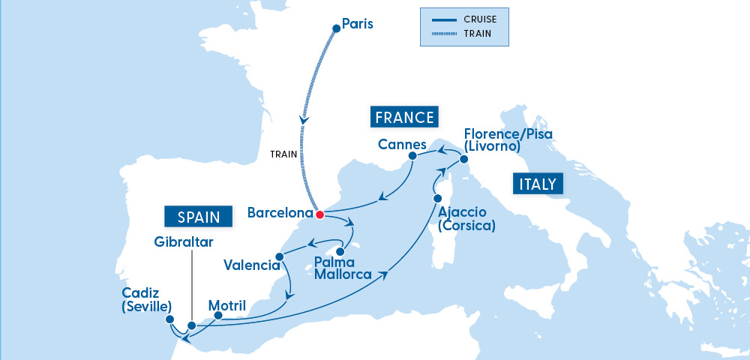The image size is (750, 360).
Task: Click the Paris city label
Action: (x=357, y=25)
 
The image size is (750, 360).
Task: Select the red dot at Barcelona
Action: (x=319, y=214)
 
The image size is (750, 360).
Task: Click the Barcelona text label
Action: (x=280, y=213)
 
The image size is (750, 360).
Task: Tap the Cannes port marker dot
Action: (x=412, y=156)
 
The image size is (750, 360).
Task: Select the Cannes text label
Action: (x=402, y=144)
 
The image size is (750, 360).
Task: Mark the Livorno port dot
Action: (x=463, y=160)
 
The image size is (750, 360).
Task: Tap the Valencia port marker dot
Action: (x=279, y=257)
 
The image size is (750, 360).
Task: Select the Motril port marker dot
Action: (x=218, y=316)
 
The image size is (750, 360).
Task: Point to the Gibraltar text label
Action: (x=184, y=242)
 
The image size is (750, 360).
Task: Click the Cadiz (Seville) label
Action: (x=145, y=299)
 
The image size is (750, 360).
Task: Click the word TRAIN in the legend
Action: (x=478, y=33)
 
